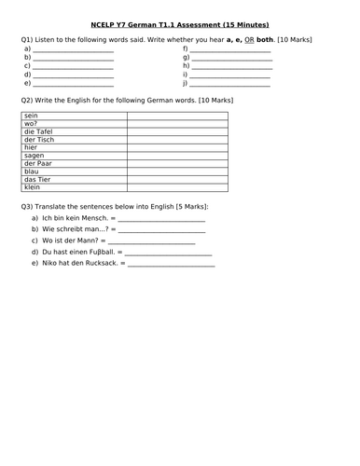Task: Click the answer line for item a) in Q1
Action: coord(74,48)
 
